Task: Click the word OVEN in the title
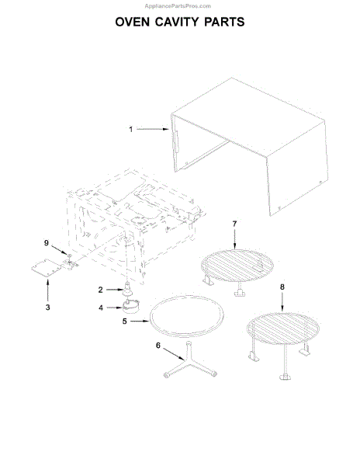tap(133, 22)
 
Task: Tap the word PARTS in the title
tap(224, 22)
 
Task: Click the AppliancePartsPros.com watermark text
tap(178, 6)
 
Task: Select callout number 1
tap(130, 129)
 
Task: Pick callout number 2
tap(101, 290)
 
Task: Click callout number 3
tap(48, 308)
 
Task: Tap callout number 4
tap(101, 308)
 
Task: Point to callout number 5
tap(125, 322)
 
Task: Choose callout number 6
tap(158, 346)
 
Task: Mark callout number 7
tap(234, 224)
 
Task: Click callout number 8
tap(282, 287)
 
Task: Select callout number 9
tap(47, 243)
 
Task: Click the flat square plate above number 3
tap(47, 268)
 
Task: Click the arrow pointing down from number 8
tap(282, 301)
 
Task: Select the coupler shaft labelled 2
tap(127, 289)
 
